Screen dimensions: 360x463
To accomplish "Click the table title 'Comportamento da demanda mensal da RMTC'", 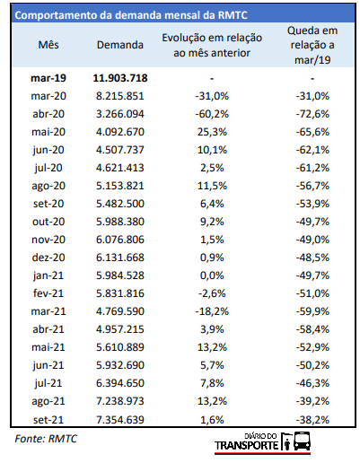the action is (131, 15).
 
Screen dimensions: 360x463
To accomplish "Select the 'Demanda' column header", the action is (120, 45).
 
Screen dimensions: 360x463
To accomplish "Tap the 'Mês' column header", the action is (48, 45).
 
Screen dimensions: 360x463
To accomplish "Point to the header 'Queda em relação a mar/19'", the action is (312, 45).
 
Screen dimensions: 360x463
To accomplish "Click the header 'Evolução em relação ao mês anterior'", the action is (212, 45).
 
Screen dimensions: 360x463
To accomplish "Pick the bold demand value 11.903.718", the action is (120, 78).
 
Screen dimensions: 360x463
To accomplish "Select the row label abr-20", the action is (48, 114).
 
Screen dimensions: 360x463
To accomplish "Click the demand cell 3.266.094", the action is (120, 114).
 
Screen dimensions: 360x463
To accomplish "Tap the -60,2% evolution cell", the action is (212, 114).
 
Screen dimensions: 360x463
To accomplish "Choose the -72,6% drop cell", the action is (312, 114).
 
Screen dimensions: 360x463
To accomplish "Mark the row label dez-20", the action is (48, 258).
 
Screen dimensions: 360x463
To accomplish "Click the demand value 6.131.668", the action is (120, 258).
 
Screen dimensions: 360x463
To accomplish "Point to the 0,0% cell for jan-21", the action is (212, 275).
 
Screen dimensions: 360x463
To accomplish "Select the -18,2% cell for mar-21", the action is (212, 311).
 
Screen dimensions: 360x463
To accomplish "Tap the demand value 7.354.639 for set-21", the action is (120, 420).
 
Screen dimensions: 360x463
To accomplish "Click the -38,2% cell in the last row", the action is (312, 420).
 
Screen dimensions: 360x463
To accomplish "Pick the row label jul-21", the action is (48, 383).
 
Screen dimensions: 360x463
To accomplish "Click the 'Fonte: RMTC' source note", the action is (46, 439).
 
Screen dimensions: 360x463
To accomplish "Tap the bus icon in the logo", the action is (302, 441).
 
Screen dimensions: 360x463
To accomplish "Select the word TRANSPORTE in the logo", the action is (247, 445).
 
